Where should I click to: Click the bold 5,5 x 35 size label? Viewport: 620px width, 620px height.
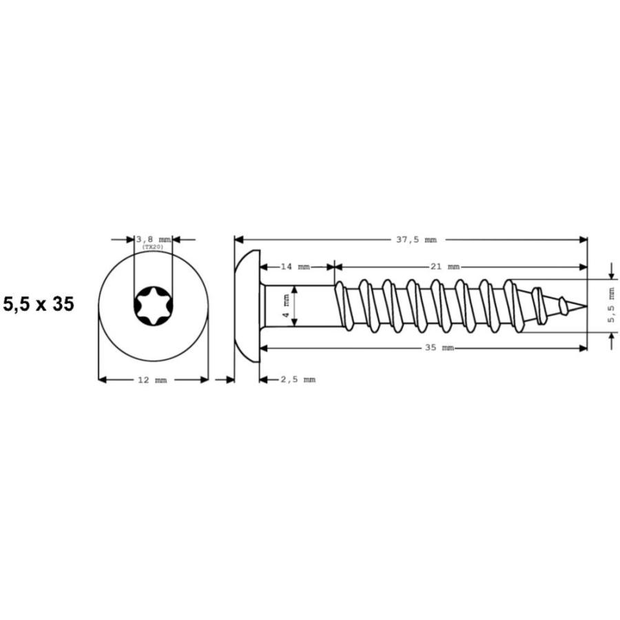pos(39,304)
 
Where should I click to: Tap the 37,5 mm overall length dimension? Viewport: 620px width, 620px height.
pos(416,240)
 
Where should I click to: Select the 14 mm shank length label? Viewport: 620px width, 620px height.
pos(296,267)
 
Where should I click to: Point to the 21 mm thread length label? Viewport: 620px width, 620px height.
pos(445,267)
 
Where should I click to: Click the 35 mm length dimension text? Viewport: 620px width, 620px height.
pos(440,348)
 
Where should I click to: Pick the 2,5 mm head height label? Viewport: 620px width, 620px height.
pos(298,380)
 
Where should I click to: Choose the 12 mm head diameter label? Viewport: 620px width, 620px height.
pos(152,380)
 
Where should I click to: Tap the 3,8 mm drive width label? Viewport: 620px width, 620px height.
pos(154,240)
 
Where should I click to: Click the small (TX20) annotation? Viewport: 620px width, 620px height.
pos(153,247)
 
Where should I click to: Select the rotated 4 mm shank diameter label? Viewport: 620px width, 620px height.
pos(287,306)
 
